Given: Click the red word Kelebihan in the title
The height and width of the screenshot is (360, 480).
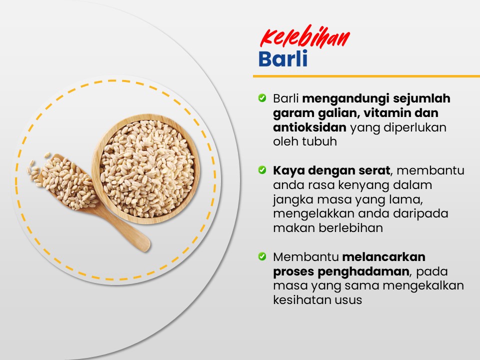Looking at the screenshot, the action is coord(305,37).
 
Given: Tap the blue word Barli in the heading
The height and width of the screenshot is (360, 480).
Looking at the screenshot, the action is coord(283,59).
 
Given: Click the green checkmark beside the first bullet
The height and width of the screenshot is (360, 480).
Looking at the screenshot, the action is coord(262,98).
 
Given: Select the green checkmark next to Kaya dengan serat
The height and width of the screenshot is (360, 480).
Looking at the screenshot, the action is coord(262,170).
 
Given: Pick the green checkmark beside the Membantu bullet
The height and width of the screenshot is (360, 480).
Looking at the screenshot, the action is coord(262,256).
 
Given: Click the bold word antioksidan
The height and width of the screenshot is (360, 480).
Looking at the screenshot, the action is coord(309,127).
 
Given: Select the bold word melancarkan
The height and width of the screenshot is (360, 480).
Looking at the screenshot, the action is coord(384,257).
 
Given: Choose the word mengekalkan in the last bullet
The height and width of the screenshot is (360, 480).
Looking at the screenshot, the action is coord(423,286).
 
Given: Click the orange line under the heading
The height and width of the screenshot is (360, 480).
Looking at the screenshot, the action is coord(366,76).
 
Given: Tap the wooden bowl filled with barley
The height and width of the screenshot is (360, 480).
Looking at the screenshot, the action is coord(146,168).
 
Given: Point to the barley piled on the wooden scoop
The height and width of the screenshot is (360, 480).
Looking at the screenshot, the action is coord(66,182).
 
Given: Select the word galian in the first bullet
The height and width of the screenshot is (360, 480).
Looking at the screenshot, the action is coord(337,113).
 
